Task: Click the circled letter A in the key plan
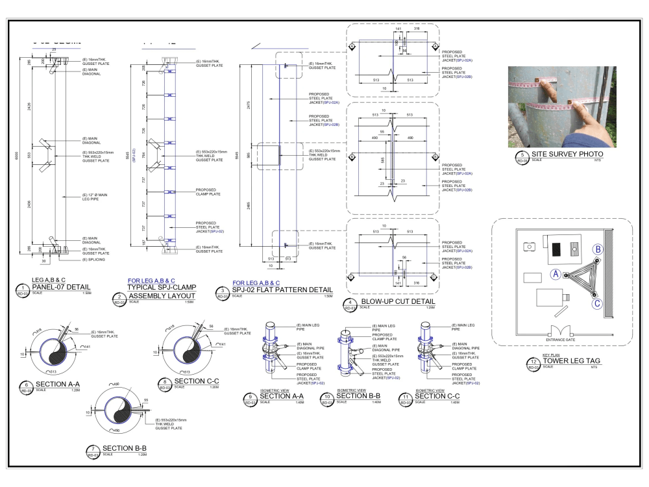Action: pyautogui.click(x=556, y=275)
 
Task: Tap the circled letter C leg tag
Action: pyautogui.click(x=597, y=303)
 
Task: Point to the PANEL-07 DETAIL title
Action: pyautogui.click(x=61, y=287)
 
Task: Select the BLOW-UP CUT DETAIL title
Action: pyautogui.click(x=398, y=301)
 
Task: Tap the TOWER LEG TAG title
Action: pyautogui.click(x=571, y=361)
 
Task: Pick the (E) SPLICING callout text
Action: pyautogui.click(x=93, y=260)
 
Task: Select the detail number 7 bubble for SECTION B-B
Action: pyautogui.click(x=93, y=451)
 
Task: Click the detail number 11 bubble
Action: pyautogui.click(x=406, y=399)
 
